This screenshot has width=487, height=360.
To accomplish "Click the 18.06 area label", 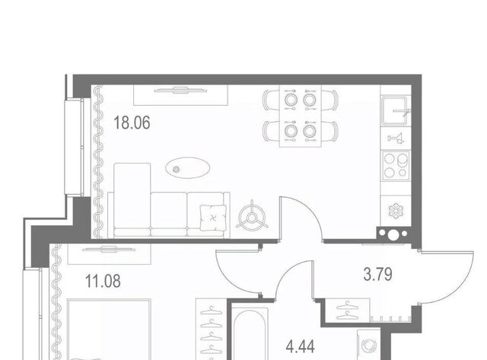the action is (x=132, y=123).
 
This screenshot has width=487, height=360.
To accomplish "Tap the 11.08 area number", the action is (x=103, y=281).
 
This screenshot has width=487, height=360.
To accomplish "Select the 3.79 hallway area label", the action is (x=377, y=274).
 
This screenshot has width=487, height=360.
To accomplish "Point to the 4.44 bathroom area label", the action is (x=301, y=346).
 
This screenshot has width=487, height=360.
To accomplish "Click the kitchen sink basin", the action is (x=394, y=110).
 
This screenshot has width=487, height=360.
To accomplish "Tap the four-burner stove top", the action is (x=395, y=166).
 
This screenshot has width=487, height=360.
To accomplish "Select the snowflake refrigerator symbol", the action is (x=396, y=211).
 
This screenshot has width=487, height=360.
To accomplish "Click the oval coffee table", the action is (x=188, y=167).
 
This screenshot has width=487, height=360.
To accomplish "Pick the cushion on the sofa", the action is (x=213, y=218).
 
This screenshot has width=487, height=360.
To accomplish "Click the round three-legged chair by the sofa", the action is (x=252, y=216).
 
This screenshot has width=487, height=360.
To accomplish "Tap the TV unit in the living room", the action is (x=181, y=95).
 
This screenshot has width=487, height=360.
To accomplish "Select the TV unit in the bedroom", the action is (x=110, y=253).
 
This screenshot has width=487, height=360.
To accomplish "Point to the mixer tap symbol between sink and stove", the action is (x=396, y=139).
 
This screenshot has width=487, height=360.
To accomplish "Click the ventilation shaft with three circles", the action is (x=393, y=234).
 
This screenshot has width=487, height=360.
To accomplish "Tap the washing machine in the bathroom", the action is (x=368, y=345).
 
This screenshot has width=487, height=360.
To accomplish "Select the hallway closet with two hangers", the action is (x=348, y=311).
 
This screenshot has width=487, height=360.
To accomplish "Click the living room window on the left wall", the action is (x=75, y=147).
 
